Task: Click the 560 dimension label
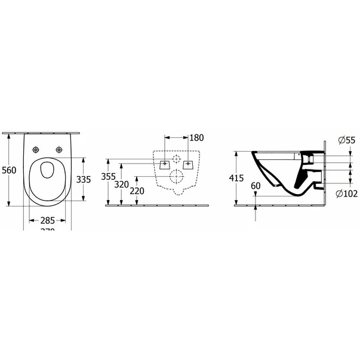8,170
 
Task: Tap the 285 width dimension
47,219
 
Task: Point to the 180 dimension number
196,138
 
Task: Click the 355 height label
109,177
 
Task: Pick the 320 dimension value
122,184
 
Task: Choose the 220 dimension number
138,192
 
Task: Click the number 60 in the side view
256,186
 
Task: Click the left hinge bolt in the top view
36,150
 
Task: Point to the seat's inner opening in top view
48,171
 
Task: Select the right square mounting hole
189,162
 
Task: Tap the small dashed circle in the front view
176,159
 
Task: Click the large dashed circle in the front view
176,176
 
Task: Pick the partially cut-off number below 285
47,230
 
